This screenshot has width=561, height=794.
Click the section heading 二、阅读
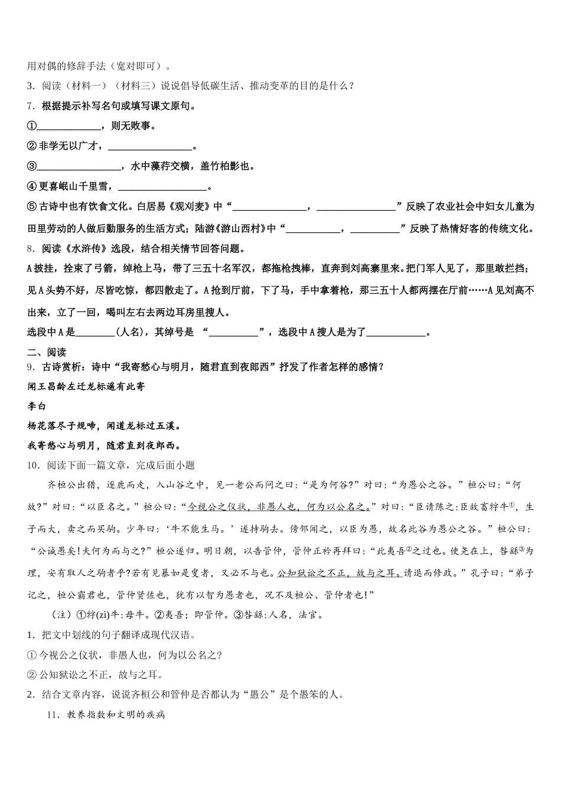click(47, 352)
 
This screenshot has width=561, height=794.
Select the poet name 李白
click(37, 406)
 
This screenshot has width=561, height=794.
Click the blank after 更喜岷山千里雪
click(163, 187)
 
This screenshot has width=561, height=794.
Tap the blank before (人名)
click(94, 333)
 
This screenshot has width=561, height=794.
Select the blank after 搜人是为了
click(396, 333)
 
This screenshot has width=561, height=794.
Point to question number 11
click(53, 715)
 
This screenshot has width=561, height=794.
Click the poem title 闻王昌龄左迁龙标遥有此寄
click(86, 386)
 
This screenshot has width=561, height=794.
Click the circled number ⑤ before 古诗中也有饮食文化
click(32, 207)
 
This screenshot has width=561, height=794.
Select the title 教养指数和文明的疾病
click(116, 715)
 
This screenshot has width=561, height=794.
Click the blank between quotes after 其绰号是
click(234, 333)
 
